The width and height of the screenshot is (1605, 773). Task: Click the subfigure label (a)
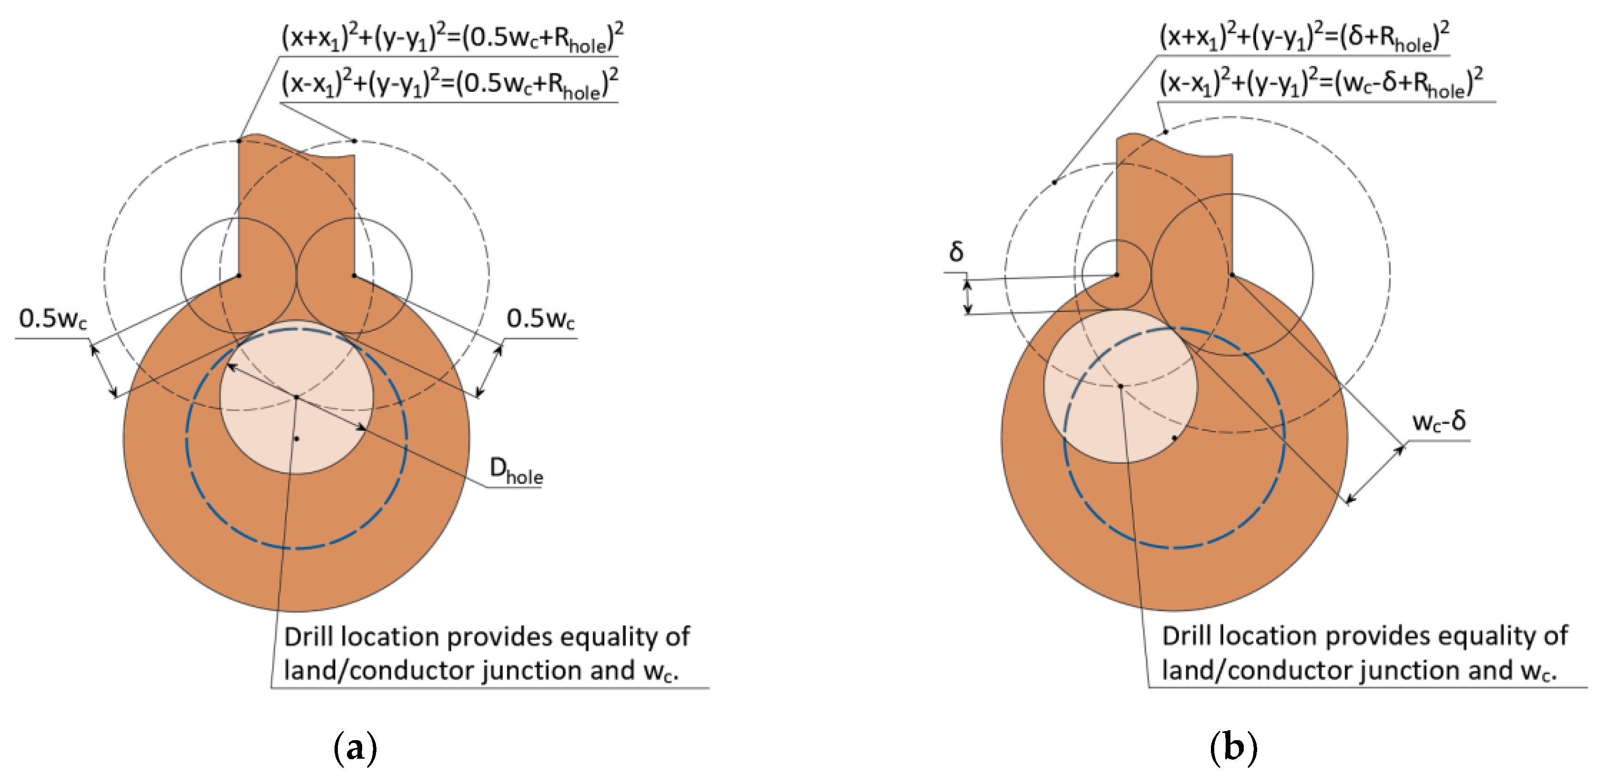click(x=355, y=747)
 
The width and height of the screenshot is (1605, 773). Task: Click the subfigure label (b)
click(x=1233, y=747)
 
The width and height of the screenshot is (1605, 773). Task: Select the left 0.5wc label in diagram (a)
click(x=53, y=319)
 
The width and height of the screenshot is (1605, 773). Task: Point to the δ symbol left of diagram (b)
click(x=956, y=252)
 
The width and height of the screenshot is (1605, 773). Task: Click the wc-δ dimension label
click(x=1439, y=421)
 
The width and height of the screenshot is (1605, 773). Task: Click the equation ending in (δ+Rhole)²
click(x=1303, y=37)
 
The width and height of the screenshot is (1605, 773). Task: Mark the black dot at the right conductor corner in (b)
click(x=1232, y=275)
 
